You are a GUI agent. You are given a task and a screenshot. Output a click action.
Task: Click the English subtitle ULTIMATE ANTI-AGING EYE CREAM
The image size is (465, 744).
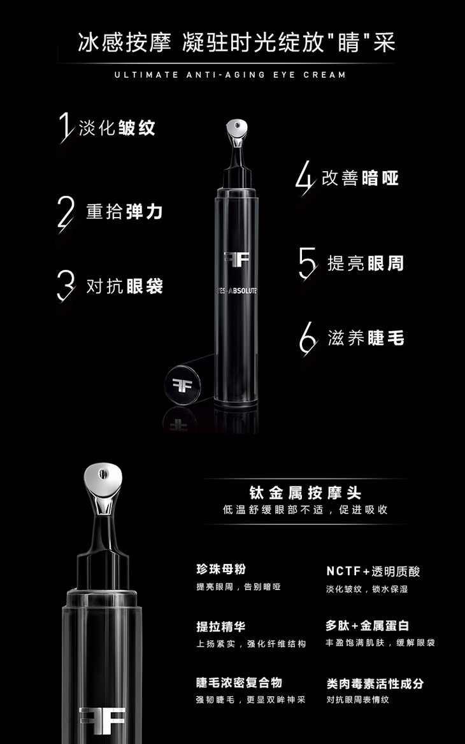point(230,74)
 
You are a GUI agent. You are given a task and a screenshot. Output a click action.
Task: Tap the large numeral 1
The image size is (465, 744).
point(66,127)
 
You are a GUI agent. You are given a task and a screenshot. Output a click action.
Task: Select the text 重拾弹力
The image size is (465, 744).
point(124,211)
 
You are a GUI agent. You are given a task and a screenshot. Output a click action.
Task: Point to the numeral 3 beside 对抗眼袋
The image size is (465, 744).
point(66,286)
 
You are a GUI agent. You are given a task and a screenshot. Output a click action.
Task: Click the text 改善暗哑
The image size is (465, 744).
point(360,178)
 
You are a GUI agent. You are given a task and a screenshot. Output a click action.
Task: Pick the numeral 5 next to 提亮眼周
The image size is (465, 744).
point(308,263)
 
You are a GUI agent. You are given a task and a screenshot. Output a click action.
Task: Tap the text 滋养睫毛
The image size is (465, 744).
point(366,338)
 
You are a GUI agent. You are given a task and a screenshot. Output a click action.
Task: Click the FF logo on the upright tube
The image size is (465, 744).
point(236,259)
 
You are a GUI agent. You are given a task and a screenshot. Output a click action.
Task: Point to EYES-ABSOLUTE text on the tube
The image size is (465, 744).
point(236,291)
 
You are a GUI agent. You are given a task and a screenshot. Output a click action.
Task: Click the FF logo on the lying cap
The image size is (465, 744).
point(182,385)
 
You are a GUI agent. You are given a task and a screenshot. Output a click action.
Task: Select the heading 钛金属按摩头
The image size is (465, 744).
point(305,493)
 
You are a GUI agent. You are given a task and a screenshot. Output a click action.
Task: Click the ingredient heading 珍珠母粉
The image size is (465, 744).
point(221,570)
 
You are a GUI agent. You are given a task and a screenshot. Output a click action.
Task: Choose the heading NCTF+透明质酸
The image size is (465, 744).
point(373,572)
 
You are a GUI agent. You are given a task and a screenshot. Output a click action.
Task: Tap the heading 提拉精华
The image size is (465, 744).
point(221,627)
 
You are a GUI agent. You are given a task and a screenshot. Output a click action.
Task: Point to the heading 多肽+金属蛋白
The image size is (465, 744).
point(367,626)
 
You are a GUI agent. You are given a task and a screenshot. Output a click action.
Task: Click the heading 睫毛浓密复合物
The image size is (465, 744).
point(240,683)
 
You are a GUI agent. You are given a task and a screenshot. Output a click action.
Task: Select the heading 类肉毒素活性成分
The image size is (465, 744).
point(375,684)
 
